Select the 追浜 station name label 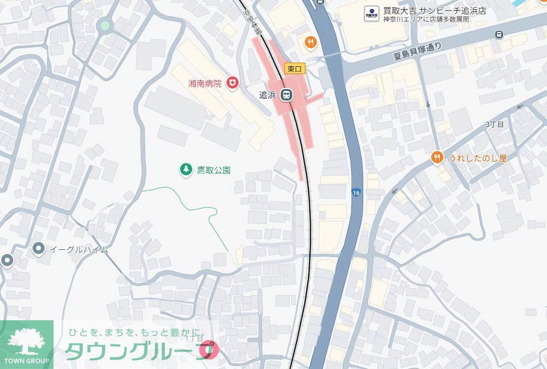pyautogui.click(x=267, y=95)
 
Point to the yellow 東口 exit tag pyautogui.click(x=295, y=69)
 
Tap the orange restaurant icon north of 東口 pyautogui.click(x=310, y=42)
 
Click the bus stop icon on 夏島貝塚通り pyautogui.click(x=499, y=34)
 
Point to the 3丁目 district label pyautogui.click(x=494, y=124)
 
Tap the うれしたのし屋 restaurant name pyautogui.click(x=478, y=158)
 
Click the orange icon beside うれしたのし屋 pyautogui.click(x=437, y=158)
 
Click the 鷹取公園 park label pyautogui.click(x=214, y=170)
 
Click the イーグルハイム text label pyautogui.click(x=78, y=249)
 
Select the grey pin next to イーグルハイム pyautogui.click(x=39, y=248)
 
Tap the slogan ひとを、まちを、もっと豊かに pyautogui.click(x=137, y=332)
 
